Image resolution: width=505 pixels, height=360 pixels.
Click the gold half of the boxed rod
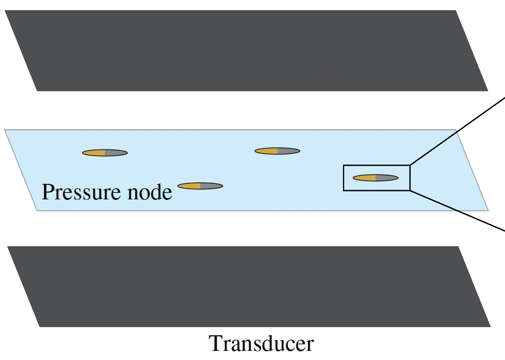365,178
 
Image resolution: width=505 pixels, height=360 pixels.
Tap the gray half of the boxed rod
386,178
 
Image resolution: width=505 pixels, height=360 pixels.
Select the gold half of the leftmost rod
94,153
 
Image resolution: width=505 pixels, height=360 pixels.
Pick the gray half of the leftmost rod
116,153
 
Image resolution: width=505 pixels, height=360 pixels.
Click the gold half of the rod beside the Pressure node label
190,186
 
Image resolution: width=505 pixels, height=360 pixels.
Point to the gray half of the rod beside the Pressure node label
211,186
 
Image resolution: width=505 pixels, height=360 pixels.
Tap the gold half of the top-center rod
267,151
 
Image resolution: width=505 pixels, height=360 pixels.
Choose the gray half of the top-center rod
288,151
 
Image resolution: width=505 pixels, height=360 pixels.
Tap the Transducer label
261,344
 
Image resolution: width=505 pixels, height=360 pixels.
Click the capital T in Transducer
215,344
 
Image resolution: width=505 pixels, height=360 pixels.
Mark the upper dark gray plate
247,51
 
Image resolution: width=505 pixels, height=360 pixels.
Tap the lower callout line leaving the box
457,211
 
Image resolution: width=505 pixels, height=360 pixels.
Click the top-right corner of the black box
410,165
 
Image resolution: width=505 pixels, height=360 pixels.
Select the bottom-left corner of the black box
344,190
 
